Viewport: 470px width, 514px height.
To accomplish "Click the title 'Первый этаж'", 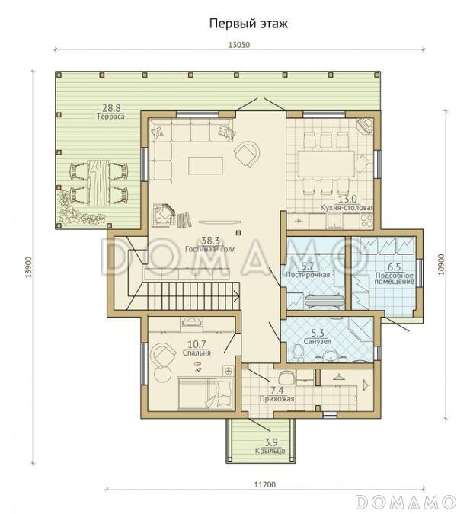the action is pos(248,24).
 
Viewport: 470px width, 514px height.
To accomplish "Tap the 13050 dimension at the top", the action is pos(238,45).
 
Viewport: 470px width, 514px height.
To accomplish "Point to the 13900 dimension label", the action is pos(29,267).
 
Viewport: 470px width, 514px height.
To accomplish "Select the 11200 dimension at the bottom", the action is pos(265,484).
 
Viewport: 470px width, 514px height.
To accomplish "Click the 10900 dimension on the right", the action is pos(441,264).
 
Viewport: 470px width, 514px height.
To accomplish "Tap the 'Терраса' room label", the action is pos(111,117).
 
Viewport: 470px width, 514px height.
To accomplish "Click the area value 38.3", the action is pos(210,241).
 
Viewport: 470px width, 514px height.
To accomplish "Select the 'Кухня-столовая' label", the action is pos(347,207).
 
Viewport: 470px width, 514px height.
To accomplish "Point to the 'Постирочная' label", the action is pos(308,274).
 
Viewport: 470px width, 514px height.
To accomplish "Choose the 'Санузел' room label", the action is pos(317,341).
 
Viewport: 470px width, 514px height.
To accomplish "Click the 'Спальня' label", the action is pos(197,353).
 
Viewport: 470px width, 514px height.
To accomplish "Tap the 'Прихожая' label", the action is pos(277,398).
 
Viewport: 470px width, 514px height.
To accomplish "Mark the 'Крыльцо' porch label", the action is pos(270,451).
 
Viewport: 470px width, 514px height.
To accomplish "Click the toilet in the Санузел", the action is pos(299,353).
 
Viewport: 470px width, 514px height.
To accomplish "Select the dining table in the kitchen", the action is pos(326,164).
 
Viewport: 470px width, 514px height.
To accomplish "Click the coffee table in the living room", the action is pos(206,165).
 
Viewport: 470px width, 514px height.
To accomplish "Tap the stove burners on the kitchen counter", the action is pos(366,221).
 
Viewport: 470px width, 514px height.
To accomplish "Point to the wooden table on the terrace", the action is pos(99,183).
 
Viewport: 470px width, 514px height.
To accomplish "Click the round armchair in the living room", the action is pos(247,153).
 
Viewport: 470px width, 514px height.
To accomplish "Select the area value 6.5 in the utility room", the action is pos(395,267).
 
